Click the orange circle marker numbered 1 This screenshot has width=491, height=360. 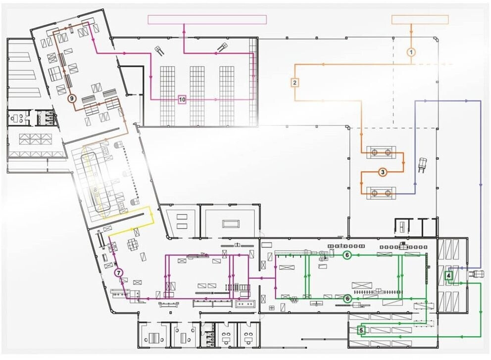411,52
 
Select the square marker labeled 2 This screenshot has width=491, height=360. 295,83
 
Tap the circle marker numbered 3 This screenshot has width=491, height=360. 382,172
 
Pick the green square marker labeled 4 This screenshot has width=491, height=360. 448,275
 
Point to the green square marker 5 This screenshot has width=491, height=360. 361,330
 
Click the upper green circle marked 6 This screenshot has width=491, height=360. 346,255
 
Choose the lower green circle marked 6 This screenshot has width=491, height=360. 347,299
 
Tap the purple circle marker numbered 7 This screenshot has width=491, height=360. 118,273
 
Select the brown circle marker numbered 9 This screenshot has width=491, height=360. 72,98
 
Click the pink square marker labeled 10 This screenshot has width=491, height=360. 182,100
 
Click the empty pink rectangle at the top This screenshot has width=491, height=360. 207,19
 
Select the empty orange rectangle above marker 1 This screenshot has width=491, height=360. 420,19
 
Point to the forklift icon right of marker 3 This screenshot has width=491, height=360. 422,165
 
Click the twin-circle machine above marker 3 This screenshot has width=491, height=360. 381,152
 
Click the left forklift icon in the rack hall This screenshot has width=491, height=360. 159,50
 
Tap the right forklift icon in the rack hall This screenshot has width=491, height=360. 223,47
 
